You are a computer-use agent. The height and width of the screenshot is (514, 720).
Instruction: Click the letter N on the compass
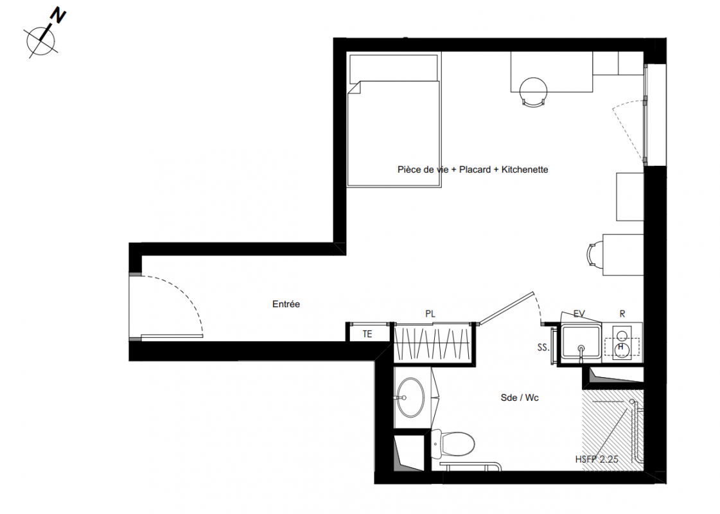[x=58, y=16]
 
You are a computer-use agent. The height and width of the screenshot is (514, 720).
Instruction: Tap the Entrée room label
[x=286, y=304]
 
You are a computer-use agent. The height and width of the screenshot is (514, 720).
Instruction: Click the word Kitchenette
[x=525, y=170]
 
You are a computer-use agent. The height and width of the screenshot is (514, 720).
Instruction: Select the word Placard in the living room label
[x=475, y=170]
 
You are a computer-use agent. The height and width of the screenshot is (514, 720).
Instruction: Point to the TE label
[x=367, y=334]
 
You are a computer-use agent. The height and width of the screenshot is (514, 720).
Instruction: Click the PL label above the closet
[x=430, y=314]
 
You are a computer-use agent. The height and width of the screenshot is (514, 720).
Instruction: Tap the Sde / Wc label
[x=520, y=398]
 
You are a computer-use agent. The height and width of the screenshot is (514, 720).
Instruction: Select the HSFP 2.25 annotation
[x=597, y=459]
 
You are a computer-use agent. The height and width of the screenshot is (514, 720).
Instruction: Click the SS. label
[x=543, y=348]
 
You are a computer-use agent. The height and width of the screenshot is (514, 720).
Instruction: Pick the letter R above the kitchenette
[x=622, y=314]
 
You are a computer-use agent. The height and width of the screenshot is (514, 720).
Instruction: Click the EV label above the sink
[x=579, y=314]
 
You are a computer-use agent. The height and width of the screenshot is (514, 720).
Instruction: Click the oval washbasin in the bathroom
[x=410, y=397]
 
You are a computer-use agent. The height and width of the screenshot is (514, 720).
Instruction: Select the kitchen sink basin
[x=581, y=341]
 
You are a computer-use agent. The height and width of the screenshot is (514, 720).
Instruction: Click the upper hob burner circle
[x=622, y=336]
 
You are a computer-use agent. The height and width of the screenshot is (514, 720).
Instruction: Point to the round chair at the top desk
[x=533, y=91]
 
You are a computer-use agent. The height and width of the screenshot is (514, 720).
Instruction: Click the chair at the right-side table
[x=594, y=255]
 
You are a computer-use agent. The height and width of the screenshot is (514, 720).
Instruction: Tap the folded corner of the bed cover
[x=355, y=87]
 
